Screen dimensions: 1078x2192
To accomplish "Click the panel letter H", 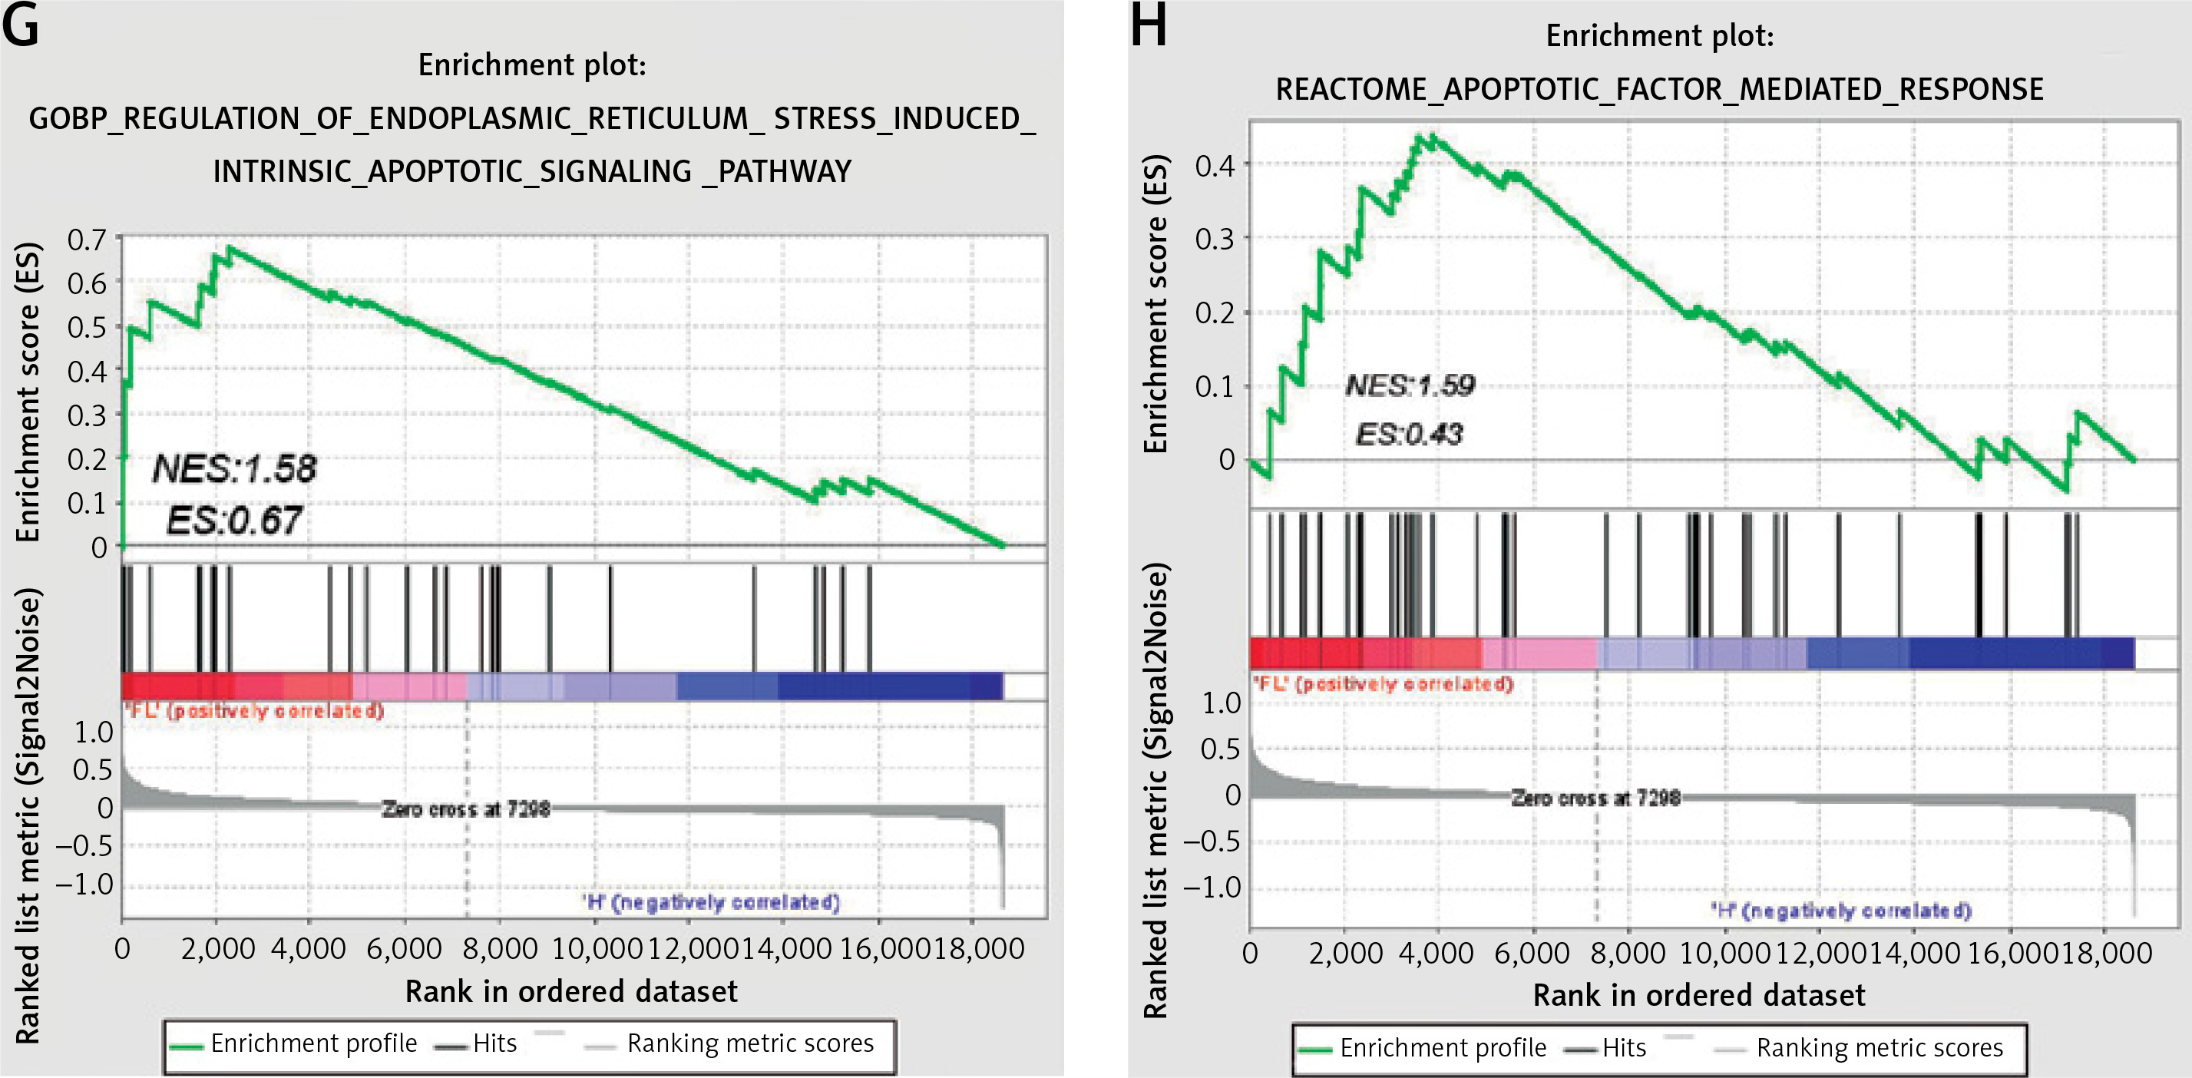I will pyautogui.click(x=1148, y=25).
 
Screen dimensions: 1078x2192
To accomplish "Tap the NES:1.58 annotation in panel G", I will pyautogui.click(x=234, y=469).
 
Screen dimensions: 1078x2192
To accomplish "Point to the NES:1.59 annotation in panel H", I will pyautogui.click(x=1410, y=385).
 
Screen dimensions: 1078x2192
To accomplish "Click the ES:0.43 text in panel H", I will pyautogui.click(x=1409, y=435).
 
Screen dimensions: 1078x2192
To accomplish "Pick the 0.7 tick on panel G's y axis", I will pyautogui.click(x=87, y=240).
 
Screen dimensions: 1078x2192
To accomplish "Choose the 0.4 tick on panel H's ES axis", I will pyautogui.click(x=1215, y=165).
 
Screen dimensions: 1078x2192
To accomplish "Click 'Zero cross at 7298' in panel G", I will pyautogui.click(x=465, y=808).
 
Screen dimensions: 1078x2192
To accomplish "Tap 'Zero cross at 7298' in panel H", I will pyautogui.click(x=1595, y=798).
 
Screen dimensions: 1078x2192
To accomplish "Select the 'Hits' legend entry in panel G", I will pyautogui.click(x=494, y=1043).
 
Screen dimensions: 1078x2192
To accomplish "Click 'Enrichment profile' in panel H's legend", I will pyautogui.click(x=1443, y=1047).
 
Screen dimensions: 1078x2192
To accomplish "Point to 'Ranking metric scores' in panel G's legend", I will pyautogui.click(x=749, y=1043).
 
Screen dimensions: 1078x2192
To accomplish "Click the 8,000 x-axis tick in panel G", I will pyautogui.click(x=501, y=947).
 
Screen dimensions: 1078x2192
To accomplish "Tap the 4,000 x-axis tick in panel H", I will pyautogui.click(x=1437, y=952).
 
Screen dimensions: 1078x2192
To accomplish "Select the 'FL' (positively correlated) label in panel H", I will pyautogui.click(x=1382, y=683).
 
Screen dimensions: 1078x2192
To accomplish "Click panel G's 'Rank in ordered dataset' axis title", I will pyautogui.click(x=571, y=991).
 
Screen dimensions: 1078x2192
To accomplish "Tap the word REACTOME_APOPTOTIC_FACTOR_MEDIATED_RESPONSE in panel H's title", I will pyautogui.click(x=1658, y=89).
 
